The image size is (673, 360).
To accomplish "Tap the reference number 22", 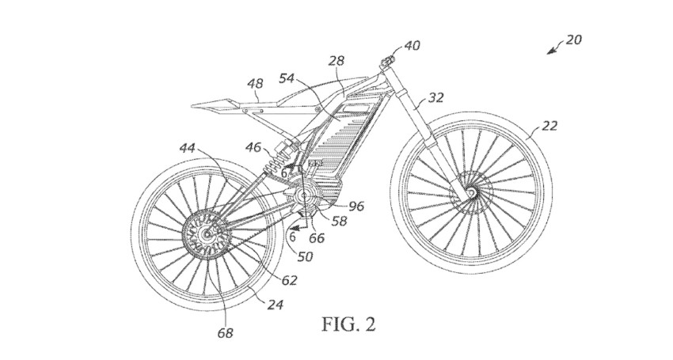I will [549, 125].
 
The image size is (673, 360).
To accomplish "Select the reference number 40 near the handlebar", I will [412, 46].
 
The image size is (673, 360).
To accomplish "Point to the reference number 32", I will [435, 97].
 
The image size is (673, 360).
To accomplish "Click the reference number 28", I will [337, 60].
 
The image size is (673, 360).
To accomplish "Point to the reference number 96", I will [356, 206].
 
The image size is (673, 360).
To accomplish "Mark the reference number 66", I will [317, 237].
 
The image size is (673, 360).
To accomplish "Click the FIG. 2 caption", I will [348, 324].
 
